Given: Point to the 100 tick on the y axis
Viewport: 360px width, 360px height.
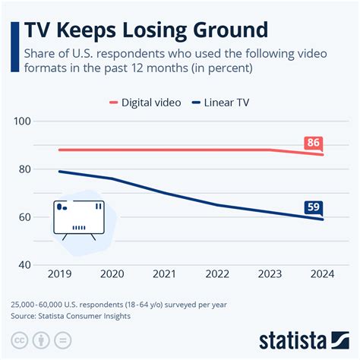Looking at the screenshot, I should tap(21, 122).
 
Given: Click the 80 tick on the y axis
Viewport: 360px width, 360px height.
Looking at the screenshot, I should tap(24, 169).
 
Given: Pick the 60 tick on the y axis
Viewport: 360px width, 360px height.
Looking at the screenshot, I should tap(24, 217).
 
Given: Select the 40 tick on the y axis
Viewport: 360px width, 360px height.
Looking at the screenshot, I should tap(24, 265).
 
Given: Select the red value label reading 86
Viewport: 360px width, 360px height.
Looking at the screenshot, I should tap(312, 143).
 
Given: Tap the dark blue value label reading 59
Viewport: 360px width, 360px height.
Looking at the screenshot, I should tap(312, 207).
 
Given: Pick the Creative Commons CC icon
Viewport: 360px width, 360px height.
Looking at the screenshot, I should tap(19, 339).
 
